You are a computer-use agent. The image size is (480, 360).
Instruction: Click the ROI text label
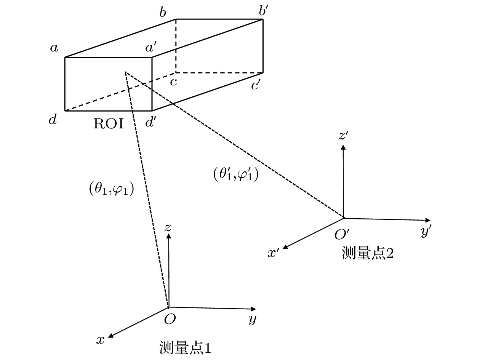click(109, 123)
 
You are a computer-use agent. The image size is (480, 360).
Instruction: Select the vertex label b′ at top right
click(264, 11)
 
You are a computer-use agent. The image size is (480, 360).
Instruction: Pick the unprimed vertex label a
click(54, 48)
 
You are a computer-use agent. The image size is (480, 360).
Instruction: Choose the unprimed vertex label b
click(163, 12)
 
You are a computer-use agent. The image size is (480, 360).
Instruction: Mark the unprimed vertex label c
click(173, 82)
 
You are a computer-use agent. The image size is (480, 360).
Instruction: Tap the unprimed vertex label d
click(53, 119)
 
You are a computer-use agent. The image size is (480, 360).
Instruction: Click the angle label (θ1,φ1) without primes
click(111, 189)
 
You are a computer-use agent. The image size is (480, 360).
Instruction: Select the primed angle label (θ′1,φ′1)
click(236, 174)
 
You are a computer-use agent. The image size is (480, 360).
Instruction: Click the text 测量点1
click(185, 347)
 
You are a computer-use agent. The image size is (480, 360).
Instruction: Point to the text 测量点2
click(368, 253)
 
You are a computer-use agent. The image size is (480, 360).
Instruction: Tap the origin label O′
click(342, 235)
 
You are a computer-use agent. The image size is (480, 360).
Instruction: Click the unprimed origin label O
click(170, 319)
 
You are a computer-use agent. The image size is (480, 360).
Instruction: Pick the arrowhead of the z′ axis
click(343, 147)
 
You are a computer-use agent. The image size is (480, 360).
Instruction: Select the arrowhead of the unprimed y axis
click(254, 309)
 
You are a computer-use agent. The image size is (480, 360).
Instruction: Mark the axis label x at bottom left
click(100, 340)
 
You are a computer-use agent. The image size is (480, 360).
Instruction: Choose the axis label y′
click(426, 230)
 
